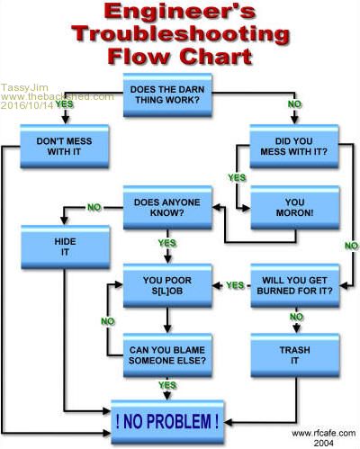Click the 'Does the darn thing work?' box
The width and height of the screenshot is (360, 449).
point(167,94)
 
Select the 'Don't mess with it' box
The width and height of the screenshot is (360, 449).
point(64,146)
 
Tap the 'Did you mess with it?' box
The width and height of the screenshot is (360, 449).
point(294,146)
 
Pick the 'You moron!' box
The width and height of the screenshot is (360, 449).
point(295,208)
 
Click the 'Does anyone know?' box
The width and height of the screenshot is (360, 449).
point(167,208)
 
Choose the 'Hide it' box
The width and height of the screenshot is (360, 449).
point(66,247)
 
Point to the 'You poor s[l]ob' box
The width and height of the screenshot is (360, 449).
point(167,285)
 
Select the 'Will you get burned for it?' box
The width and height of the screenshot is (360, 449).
point(295,285)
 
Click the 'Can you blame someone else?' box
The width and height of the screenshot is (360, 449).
point(167,355)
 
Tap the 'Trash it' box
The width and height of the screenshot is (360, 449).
point(295,355)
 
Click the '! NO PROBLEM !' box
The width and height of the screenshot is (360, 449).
point(167,422)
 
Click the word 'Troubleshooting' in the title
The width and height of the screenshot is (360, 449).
point(180,34)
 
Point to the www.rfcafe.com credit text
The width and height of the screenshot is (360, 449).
point(323,433)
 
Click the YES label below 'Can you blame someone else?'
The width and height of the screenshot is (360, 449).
point(167,385)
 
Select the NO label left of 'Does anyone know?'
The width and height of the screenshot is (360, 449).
point(94,207)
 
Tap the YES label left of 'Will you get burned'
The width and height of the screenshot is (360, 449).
point(235,285)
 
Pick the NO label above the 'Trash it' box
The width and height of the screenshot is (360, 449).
point(296,317)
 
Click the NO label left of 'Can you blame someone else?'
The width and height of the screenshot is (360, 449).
point(108,321)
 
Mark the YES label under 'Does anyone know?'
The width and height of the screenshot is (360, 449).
point(167,243)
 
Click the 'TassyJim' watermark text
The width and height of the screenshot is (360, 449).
point(24,87)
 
